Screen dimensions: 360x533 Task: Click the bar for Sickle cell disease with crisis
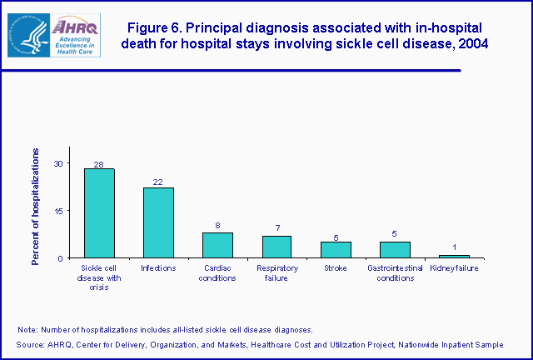[x=99, y=213]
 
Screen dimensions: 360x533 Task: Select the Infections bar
[x=158, y=222]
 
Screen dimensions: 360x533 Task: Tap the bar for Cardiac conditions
[x=217, y=245]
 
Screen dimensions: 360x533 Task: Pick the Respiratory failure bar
[x=276, y=247]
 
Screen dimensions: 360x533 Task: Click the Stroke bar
[x=336, y=249]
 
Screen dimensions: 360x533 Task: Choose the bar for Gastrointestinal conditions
[x=395, y=249]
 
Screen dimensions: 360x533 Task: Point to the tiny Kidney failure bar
[x=454, y=256]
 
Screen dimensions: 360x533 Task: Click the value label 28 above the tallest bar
[x=99, y=164]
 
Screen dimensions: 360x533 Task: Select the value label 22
[x=158, y=182]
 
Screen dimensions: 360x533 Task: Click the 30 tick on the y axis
[x=58, y=163]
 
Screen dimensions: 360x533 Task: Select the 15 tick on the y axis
[x=58, y=211]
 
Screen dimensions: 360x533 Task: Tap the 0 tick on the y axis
[x=61, y=258]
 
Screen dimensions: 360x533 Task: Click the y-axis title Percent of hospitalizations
[x=36, y=207]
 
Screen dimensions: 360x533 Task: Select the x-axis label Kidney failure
[x=454, y=268]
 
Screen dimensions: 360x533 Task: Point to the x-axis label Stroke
[x=336, y=268]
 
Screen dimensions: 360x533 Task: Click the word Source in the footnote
[x=30, y=344]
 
